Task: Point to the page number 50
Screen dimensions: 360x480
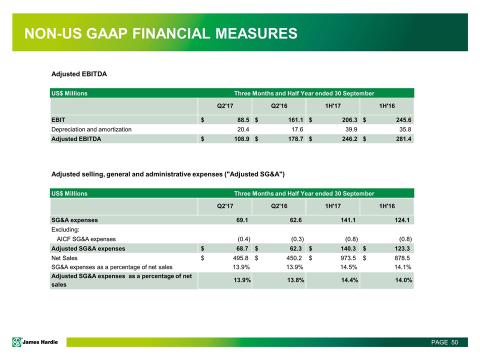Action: (x=454, y=342)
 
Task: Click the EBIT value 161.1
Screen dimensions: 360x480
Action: (x=293, y=120)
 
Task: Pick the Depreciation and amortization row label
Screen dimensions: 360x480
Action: (x=91, y=129)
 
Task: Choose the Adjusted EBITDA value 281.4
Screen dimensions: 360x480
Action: (x=402, y=139)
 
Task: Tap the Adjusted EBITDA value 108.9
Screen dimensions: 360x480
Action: (x=239, y=139)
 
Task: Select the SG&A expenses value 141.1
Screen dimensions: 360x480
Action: (x=347, y=219)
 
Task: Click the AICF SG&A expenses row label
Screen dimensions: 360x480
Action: (x=86, y=238)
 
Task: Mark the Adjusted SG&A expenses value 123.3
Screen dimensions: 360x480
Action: (x=402, y=248)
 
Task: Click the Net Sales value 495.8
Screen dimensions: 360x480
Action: (x=239, y=257)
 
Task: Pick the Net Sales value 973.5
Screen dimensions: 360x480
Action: (x=347, y=257)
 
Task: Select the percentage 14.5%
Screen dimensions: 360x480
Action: (x=347, y=267)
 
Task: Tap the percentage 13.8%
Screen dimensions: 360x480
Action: (x=293, y=280)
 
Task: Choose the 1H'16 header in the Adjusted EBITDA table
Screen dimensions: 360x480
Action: (x=386, y=106)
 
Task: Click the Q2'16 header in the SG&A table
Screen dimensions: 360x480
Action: (x=279, y=205)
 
